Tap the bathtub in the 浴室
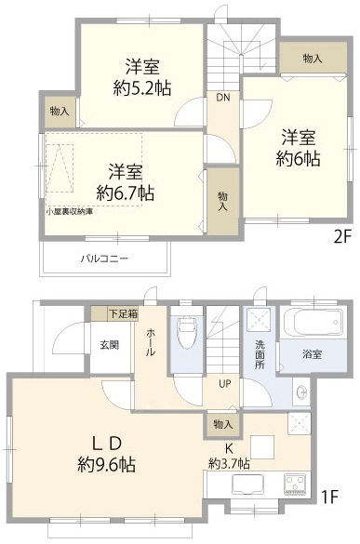pos(313,323)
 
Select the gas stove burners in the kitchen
pos(294,484)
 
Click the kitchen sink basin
pos(247,484)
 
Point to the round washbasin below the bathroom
pos(301,392)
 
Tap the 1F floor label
pos(329,498)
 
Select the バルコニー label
pos(105,259)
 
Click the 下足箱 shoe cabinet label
pos(123,314)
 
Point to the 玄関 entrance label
pos(110,345)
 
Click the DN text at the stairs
pos(223,98)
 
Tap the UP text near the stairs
pos(225,384)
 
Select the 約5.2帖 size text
pos(142,88)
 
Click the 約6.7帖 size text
pos(126,192)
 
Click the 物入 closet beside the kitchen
pos(223,424)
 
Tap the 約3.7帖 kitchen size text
pos(229,463)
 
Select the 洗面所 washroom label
pos(260,354)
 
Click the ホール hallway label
pos(151,342)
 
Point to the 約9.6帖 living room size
pos(107,464)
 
